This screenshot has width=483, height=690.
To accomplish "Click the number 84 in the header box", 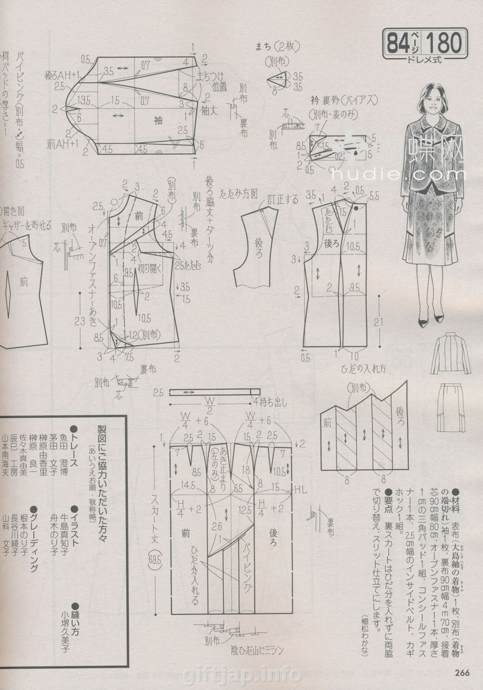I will [x=399, y=44].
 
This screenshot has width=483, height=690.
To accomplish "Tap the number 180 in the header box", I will [x=446, y=44].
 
